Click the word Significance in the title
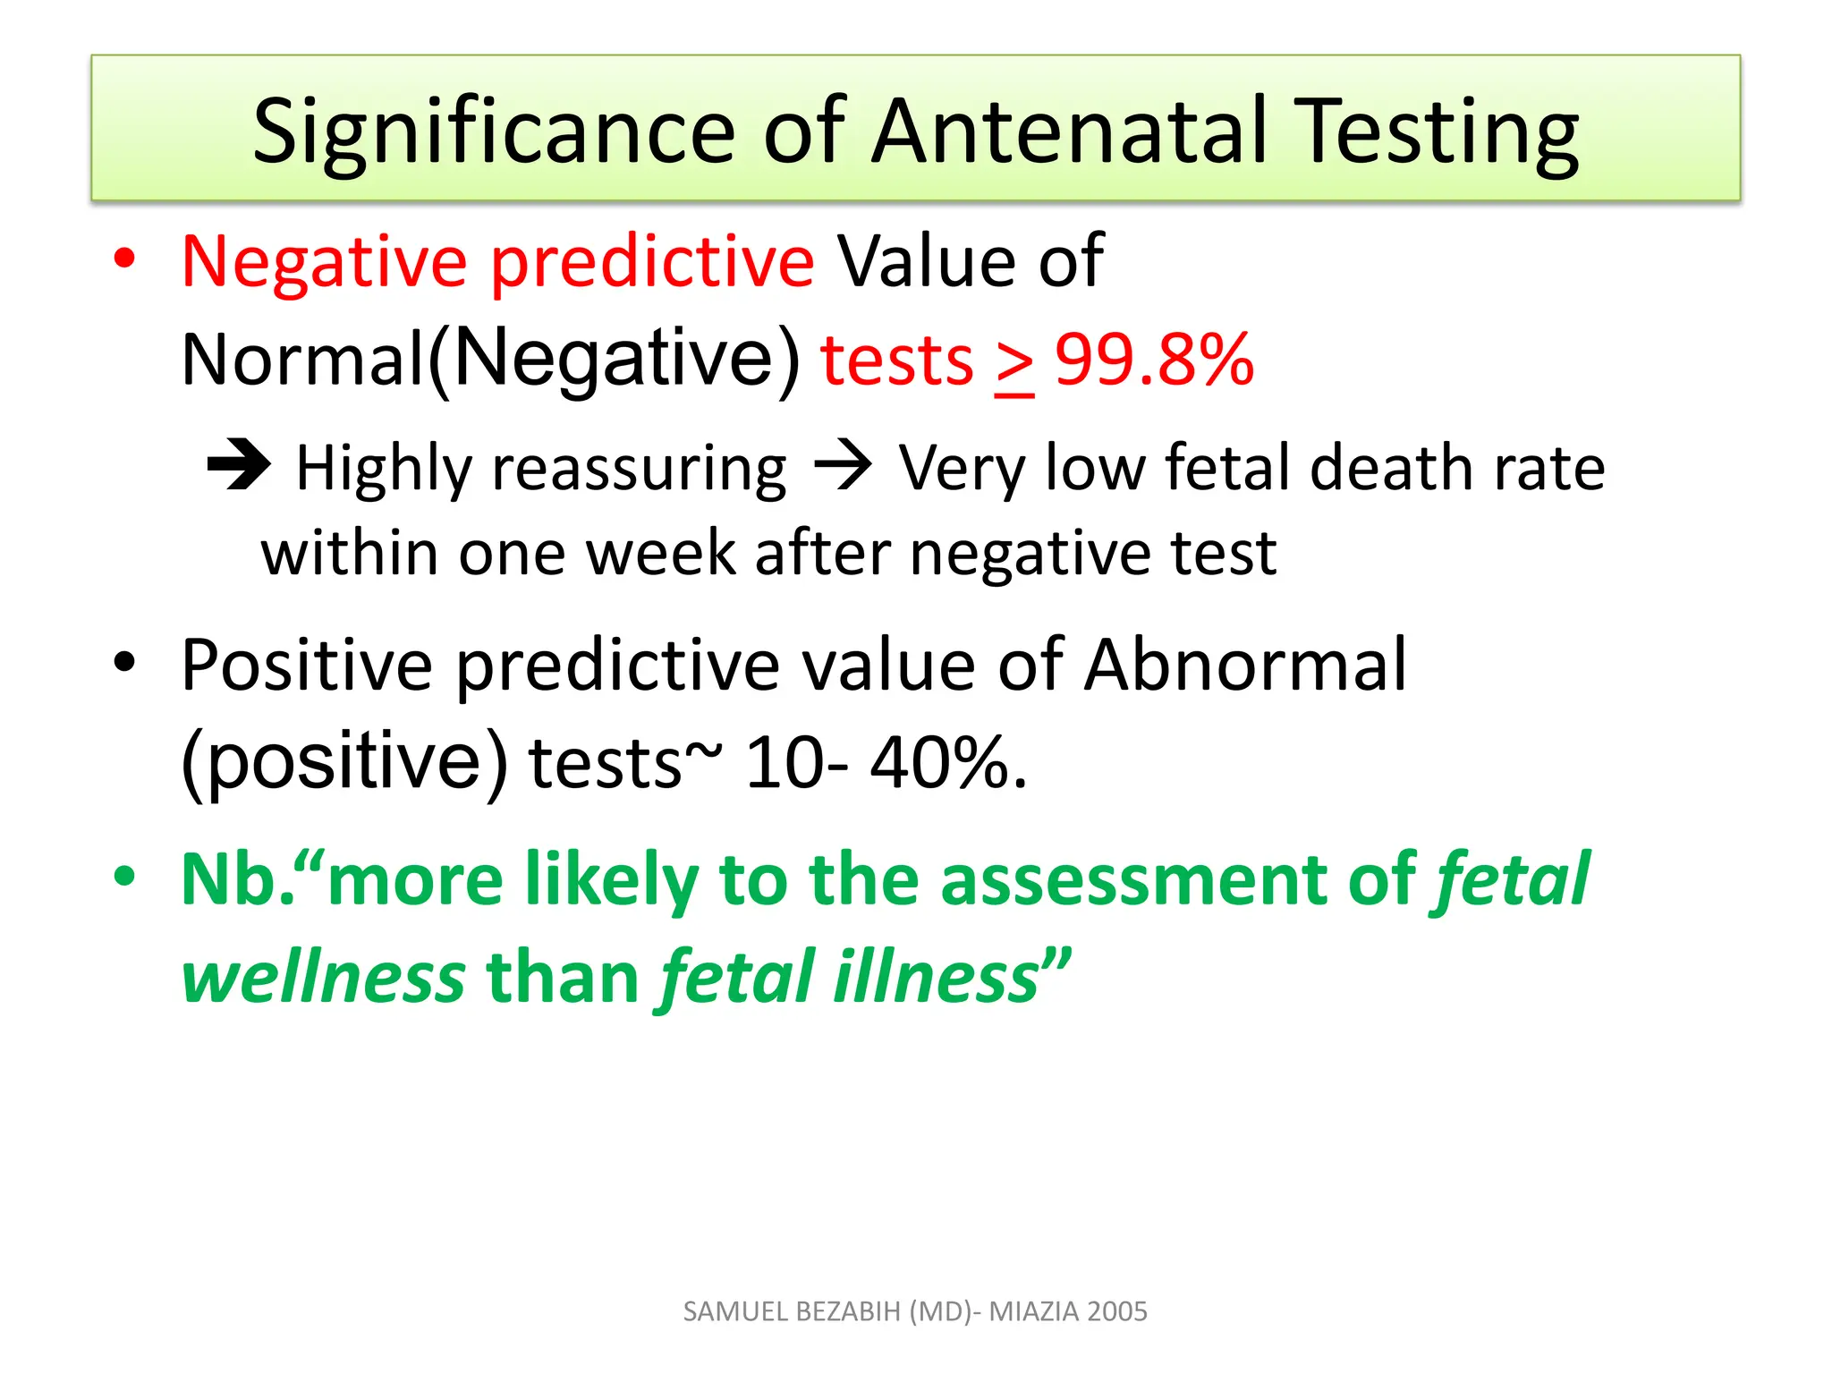493,132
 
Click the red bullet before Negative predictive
124,259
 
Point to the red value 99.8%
1154,360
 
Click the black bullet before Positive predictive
124,664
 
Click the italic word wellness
323,977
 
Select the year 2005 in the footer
1118,1311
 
